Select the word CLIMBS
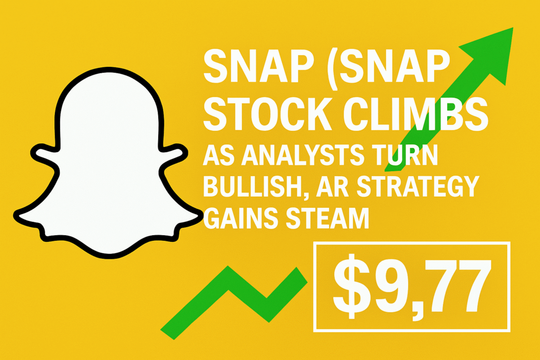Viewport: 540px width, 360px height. (x=417, y=114)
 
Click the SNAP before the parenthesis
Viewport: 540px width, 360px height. (x=258, y=66)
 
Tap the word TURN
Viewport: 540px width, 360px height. (x=408, y=155)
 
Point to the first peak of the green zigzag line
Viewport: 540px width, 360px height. (x=228, y=268)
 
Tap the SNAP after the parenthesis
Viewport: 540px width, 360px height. (x=395, y=66)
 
